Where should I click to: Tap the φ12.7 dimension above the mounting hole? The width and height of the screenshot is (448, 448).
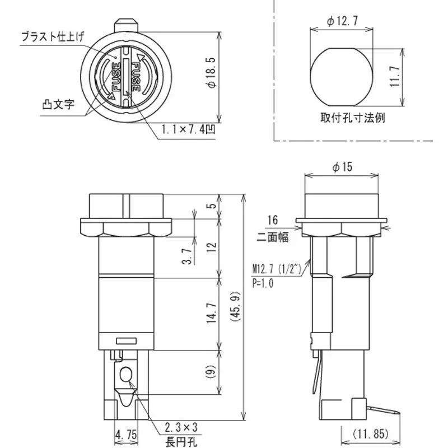click(x=341, y=21)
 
